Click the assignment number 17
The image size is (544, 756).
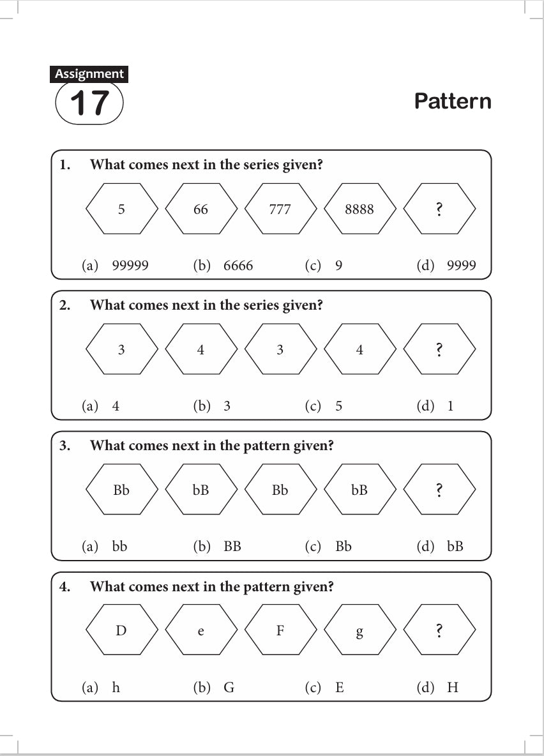tap(89, 103)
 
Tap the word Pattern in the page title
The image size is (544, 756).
tap(453, 102)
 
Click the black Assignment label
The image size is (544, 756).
tap(89, 74)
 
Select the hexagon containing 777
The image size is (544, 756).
tap(280, 209)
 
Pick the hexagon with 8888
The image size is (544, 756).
tap(359, 209)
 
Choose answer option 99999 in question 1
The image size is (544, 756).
tap(130, 266)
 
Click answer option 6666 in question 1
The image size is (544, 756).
tap(238, 266)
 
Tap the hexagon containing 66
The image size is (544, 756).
tap(200, 209)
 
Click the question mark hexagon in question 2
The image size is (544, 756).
tap(439, 349)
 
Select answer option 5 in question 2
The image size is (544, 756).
tap(338, 406)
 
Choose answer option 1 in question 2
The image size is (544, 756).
tap(450, 406)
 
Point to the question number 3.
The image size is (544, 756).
tap(64, 446)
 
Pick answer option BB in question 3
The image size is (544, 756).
tap(232, 547)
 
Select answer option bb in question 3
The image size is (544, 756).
tap(119, 547)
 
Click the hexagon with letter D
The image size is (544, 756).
tap(121, 631)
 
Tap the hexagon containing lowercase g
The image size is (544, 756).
tap(359, 631)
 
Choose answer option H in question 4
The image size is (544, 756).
tap(453, 688)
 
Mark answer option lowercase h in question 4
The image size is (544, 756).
tap(116, 688)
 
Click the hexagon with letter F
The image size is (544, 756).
tap(280, 631)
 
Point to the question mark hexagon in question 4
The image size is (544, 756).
tap(439, 631)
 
